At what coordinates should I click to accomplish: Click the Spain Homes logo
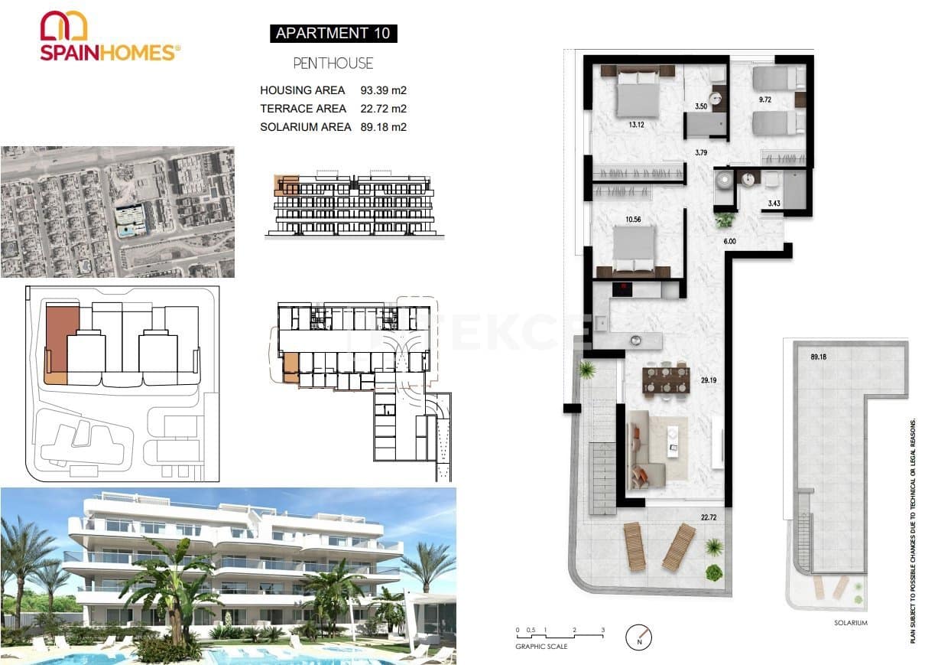tap(109, 36)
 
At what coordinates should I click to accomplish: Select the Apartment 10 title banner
tap(333, 33)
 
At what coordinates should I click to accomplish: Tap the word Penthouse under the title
tap(333, 64)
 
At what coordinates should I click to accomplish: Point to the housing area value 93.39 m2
tap(383, 90)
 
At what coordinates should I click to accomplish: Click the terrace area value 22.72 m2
tap(383, 109)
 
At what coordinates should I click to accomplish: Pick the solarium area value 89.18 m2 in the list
tap(383, 127)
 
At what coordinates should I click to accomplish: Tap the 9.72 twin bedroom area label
tap(764, 100)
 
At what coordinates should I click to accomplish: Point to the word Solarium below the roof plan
tap(850, 623)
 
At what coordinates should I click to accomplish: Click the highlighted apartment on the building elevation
tap(287, 185)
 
